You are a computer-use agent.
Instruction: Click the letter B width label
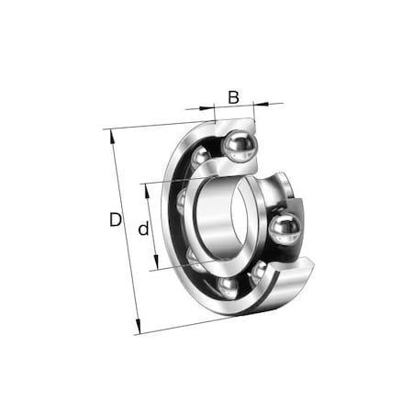point(233,96)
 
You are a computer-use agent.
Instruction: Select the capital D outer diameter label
point(115,220)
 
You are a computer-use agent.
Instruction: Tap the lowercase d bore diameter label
point(143,229)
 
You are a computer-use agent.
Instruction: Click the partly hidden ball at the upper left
point(183,197)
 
